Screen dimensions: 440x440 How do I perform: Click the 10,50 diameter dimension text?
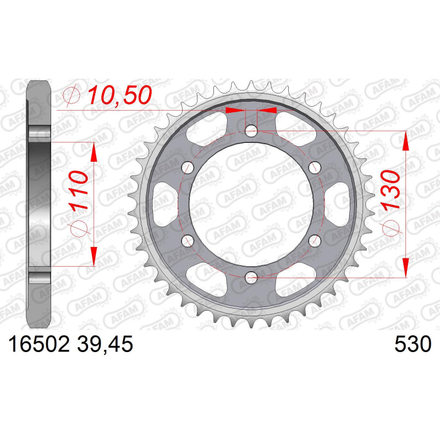(120, 95)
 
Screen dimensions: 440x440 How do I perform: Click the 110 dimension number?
(79, 191)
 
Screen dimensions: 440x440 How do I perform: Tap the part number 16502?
(39, 344)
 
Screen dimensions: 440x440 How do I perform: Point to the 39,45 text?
(105, 345)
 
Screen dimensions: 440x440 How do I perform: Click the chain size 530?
(413, 344)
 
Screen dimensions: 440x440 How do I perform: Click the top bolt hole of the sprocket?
(251, 130)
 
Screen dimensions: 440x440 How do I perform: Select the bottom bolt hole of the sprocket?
(251, 278)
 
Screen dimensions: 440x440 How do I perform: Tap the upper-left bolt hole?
(188, 168)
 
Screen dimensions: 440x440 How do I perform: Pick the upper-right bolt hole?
(315, 168)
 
